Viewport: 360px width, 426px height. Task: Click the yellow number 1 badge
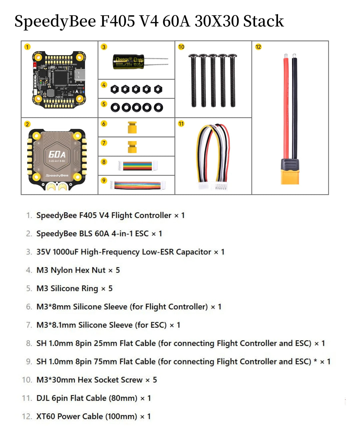tap(27, 47)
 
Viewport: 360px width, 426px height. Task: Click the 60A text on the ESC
tap(57, 154)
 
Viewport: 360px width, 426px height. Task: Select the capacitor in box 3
tap(129, 62)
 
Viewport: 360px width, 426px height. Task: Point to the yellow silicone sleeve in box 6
tap(132, 127)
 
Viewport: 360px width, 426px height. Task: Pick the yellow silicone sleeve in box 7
tap(132, 147)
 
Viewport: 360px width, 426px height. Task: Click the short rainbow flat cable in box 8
tap(138, 165)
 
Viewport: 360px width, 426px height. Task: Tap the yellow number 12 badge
tap(258, 47)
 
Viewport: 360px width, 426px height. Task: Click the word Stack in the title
tap(263, 21)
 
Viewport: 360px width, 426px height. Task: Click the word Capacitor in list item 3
tap(193, 252)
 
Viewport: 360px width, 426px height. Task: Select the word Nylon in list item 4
tap(61, 270)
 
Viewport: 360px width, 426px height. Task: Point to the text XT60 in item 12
tap(46, 416)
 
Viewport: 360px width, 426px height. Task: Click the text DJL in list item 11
tap(43, 398)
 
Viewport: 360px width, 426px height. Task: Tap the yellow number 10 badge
tap(181, 47)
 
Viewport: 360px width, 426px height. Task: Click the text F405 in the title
tap(118, 21)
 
